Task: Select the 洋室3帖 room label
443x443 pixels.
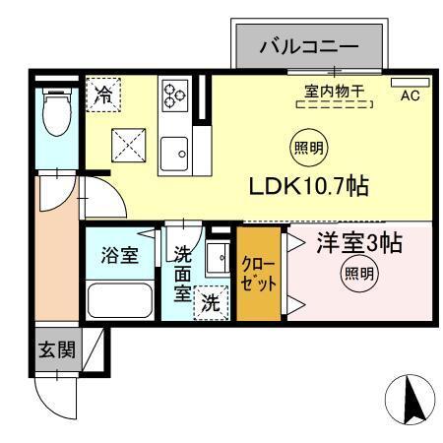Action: click(x=358, y=243)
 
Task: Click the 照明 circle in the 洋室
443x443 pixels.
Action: click(x=359, y=275)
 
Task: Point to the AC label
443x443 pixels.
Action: click(x=410, y=95)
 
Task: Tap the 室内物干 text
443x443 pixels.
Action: click(x=334, y=92)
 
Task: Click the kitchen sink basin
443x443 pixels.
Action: click(x=176, y=151)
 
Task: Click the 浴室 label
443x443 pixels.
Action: click(x=118, y=254)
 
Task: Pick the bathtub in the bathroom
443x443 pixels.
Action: click(x=118, y=297)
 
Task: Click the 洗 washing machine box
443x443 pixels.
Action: click(x=211, y=303)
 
